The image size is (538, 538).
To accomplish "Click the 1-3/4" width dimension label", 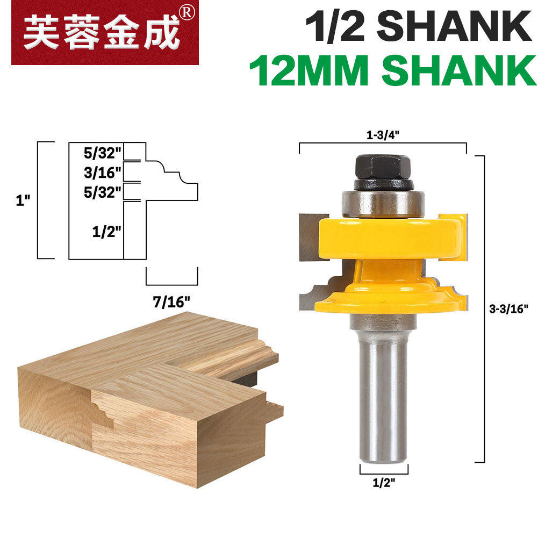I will click(382, 136).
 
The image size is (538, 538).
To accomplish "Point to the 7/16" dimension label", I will click(171, 302).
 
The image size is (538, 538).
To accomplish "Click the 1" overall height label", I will click(23, 200).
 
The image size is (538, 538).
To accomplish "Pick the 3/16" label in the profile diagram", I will click(102, 173).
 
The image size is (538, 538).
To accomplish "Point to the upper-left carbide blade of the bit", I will click(310, 236).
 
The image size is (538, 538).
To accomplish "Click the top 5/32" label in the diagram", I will click(102, 153).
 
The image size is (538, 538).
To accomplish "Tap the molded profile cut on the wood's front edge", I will click(102, 411).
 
